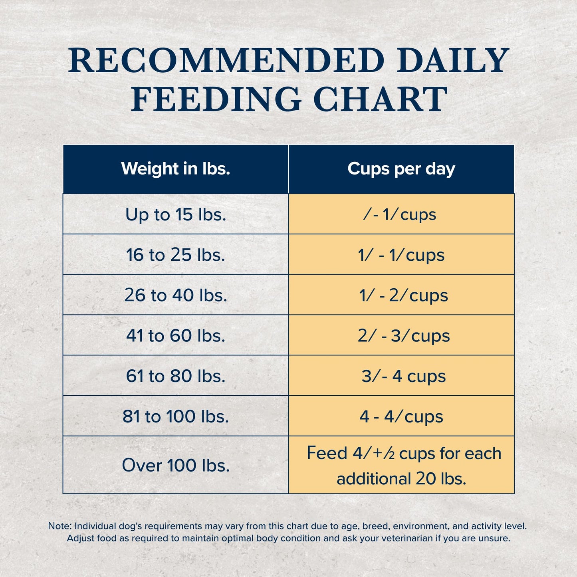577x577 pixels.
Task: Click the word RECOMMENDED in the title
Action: [226, 61]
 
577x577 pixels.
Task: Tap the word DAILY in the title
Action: [453, 61]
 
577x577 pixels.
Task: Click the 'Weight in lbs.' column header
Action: [176, 169]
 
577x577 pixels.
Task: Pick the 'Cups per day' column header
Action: [401, 169]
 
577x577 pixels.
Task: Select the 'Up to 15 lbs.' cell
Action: [176, 214]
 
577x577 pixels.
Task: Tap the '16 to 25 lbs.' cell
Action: [176, 255]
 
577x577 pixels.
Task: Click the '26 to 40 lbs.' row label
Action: [176, 295]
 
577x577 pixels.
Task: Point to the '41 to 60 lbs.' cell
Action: [176, 335]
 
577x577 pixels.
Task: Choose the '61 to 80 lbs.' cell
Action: [176, 376]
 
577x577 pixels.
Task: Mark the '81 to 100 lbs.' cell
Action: [176, 416]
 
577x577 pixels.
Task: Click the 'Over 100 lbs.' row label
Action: [176, 465]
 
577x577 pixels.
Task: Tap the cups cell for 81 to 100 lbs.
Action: [401, 416]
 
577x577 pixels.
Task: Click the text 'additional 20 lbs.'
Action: [401, 479]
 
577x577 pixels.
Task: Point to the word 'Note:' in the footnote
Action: [60, 526]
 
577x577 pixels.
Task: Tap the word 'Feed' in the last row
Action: [327, 453]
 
